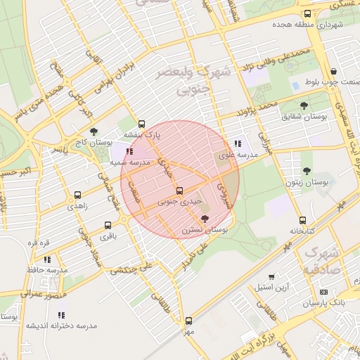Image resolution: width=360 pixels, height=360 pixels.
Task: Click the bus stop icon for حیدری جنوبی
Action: (179, 190)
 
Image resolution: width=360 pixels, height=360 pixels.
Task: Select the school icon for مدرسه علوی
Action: (246, 144)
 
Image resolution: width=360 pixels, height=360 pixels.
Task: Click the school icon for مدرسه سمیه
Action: (129, 150)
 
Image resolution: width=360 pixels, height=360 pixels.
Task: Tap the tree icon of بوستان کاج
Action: (94, 131)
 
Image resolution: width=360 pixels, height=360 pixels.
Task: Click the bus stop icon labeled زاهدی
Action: (77, 195)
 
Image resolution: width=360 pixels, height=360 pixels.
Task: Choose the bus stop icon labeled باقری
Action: (108, 226)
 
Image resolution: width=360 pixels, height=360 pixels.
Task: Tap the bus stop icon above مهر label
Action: (188, 321)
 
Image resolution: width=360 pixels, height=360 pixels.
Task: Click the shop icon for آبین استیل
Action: (271, 277)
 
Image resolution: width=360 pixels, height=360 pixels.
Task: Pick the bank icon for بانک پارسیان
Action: (323, 292)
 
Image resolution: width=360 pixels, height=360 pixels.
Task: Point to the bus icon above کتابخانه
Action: (302, 219)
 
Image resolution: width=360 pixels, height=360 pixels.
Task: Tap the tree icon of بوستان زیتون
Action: (306, 170)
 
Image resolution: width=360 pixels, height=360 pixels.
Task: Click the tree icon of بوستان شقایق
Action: (304, 105)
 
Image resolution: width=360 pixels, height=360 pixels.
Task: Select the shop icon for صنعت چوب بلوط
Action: (333, 72)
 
